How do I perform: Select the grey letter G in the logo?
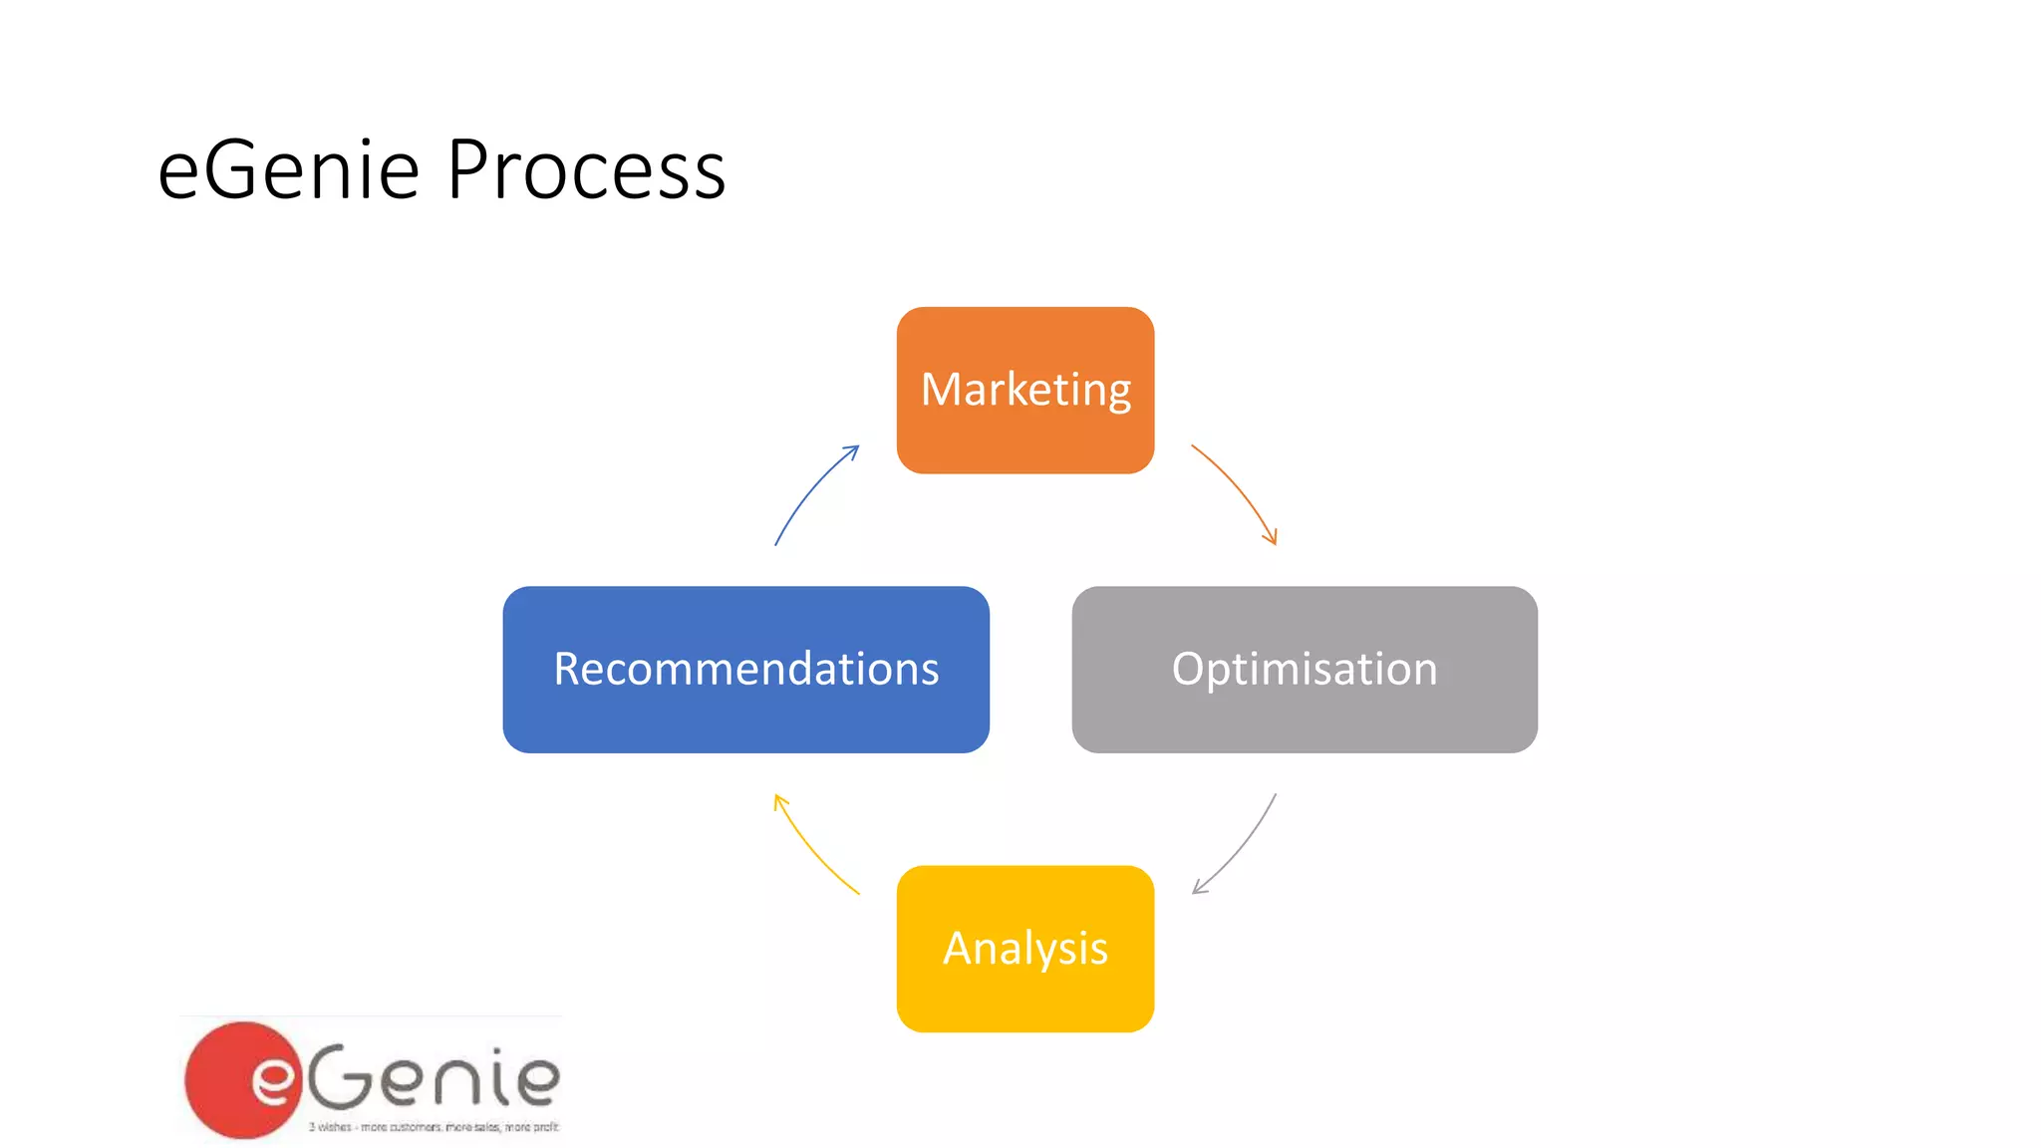[341, 1076]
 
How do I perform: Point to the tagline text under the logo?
[434, 1127]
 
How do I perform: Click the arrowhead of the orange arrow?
[1273, 539]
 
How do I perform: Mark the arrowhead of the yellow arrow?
[778, 799]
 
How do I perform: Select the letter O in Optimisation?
[1191, 668]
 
